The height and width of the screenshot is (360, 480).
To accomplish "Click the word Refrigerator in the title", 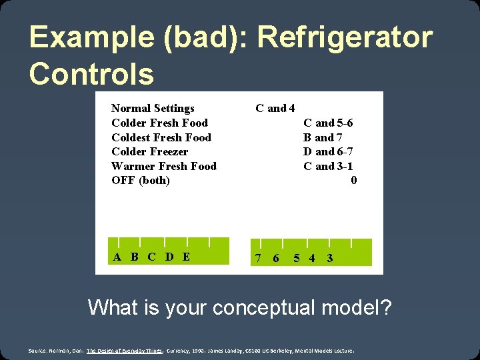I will tap(345, 39).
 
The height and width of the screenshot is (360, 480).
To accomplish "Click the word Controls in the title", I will tap(91, 73).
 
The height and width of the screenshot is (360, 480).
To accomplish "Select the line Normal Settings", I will tap(153, 108).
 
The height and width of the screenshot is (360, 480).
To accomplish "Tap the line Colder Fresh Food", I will tap(159, 123).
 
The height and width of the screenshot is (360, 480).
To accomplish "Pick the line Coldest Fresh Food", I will tap(161, 137).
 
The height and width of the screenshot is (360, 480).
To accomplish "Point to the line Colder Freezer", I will tap(149, 152).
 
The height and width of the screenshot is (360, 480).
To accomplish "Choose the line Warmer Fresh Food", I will tap(163, 166).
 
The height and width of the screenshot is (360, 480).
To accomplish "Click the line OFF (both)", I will tap(140, 181).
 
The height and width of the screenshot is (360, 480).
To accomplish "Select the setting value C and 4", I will tap(275, 108).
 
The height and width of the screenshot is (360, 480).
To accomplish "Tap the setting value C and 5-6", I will tap(328, 123).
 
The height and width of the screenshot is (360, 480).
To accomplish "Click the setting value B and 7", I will tap(323, 137).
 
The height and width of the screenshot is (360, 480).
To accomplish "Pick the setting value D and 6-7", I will tap(328, 152).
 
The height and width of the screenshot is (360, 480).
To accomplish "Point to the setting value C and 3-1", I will tap(328, 166).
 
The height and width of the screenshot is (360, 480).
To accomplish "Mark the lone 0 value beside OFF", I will tap(353, 181).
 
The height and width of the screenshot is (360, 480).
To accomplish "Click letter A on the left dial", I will tap(117, 257).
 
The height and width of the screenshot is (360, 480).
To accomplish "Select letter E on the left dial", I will tap(186, 257).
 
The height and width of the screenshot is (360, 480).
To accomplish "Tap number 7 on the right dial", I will tap(258, 258).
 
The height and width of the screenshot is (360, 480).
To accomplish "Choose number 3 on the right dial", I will tap(330, 258).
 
